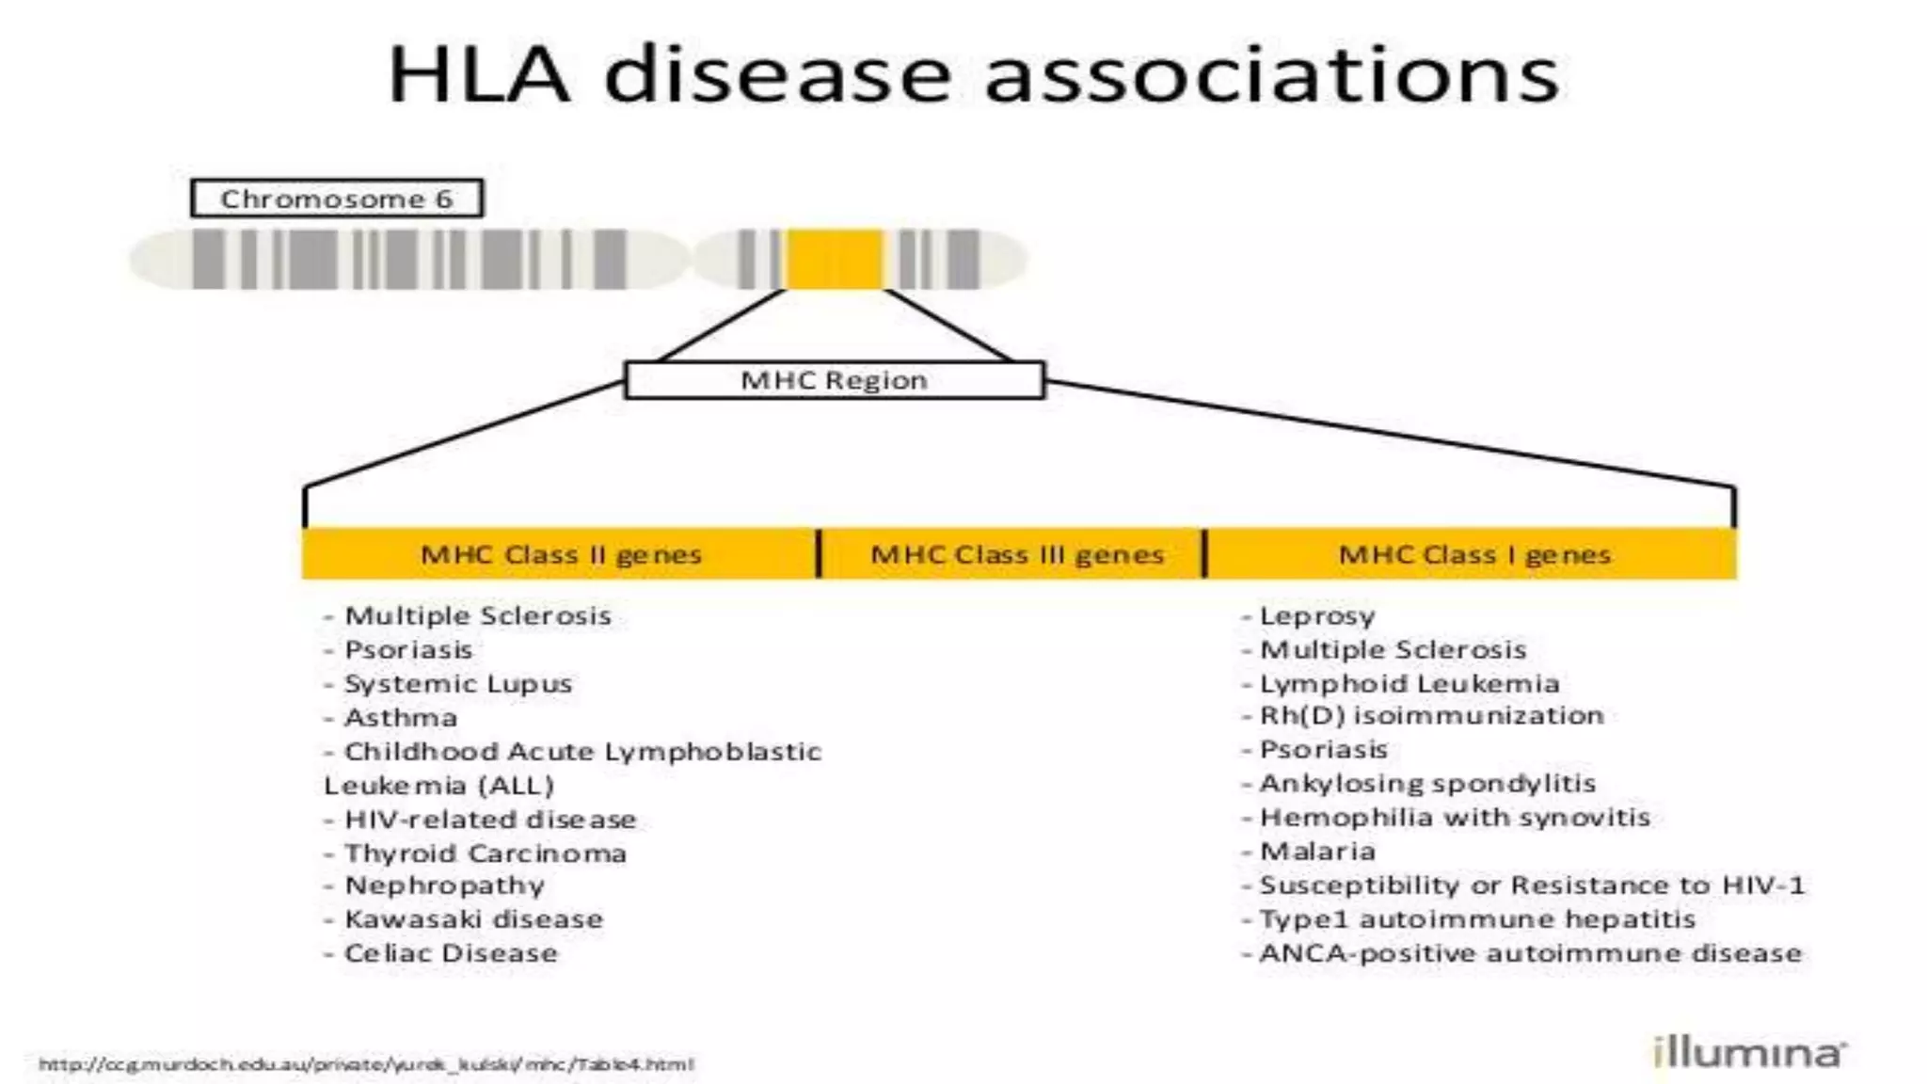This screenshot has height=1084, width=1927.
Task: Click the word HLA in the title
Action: [x=479, y=75]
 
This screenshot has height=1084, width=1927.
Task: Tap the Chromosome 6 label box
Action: [x=337, y=199]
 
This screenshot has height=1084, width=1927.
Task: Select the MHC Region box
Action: [x=835, y=380]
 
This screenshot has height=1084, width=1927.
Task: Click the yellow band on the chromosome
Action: [x=835, y=259]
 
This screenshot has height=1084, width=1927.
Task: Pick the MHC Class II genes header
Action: [x=561, y=554]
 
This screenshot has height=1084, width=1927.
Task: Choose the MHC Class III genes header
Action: [x=1017, y=554]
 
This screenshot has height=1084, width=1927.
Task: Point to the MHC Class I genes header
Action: [x=1474, y=554]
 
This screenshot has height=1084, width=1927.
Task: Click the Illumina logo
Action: [x=1749, y=1052]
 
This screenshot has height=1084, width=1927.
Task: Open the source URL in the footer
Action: [x=366, y=1064]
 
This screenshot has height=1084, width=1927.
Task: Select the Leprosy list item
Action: [x=1316, y=616]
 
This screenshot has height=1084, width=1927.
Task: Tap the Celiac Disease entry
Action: [x=450, y=953]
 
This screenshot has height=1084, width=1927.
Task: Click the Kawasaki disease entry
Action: [x=473, y=919]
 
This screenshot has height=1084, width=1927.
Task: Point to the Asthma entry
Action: [x=400, y=718]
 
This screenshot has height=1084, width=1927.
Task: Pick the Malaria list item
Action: [x=1316, y=852]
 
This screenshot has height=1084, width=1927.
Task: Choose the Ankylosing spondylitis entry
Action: [x=1426, y=784]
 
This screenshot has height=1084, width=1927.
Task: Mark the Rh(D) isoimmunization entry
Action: [x=1430, y=716]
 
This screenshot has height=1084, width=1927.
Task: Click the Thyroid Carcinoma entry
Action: [x=485, y=853]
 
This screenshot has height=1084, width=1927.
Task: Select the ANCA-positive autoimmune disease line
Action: [x=1530, y=953]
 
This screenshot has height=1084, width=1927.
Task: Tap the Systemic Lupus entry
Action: [x=457, y=684]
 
